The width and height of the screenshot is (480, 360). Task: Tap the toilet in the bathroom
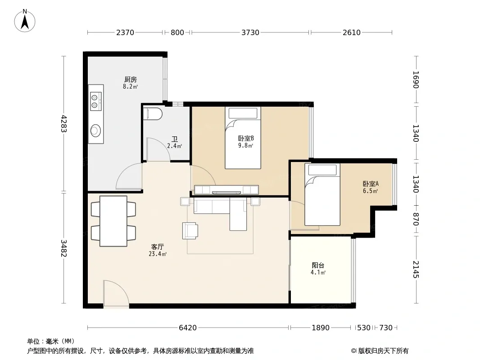click(x=153, y=113)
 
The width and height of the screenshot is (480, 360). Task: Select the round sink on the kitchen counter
click(x=95, y=130)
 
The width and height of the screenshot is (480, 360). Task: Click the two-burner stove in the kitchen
click(x=95, y=101)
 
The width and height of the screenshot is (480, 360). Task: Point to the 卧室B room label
click(x=246, y=138)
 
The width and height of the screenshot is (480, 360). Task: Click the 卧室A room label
click(x=371, y=184)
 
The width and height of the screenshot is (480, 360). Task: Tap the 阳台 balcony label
click(x=318, y=265)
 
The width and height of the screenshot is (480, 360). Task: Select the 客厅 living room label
click(x=157, y=247)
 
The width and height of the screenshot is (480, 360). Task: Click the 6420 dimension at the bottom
click(x=188, y=328)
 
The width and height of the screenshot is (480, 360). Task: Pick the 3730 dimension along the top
click(x=250, y=32)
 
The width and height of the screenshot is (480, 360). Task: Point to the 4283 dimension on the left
click(x=63, y=123)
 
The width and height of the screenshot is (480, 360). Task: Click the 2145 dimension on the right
click(x=416, y=269)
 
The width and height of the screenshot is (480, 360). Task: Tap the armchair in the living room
click(x=190, y=230)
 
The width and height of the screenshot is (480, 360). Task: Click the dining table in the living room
click(x=113, y=221)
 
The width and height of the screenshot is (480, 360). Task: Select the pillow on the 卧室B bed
click(x=243, y=113)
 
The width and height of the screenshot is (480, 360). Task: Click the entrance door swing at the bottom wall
click(x=116, y=293)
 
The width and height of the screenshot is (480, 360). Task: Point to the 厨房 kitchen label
click(x=131, y=80)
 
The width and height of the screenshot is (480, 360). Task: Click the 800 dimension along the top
click(x=177, y=32)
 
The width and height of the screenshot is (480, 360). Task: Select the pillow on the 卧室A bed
click(x=322, y=170)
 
